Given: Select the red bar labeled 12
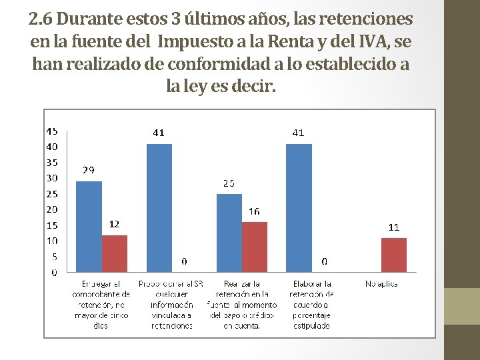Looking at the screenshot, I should coord(114,253).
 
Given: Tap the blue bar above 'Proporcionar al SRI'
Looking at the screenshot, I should coord(159,207).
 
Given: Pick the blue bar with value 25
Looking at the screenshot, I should coord(229,233).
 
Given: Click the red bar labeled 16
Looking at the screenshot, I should coord(254,247).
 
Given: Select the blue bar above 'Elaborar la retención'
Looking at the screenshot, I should coord(299,207).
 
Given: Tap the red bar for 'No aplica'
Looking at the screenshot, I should coord(393,255).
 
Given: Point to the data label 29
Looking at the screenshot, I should coord(88,171).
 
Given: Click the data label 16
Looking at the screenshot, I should coord(254,211).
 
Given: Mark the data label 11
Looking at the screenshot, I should coord(393,227).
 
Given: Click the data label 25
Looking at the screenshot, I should coord(229,183).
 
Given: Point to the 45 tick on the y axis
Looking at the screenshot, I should coord(51,131).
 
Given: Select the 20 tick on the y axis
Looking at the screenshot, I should coord(51,209).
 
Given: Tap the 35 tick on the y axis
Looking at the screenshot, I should coord(51,162).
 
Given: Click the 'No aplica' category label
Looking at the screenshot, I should coord(381,284).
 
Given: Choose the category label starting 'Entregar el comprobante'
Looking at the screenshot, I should coord(101,305).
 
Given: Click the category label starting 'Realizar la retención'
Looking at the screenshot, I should coord(241,305).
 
